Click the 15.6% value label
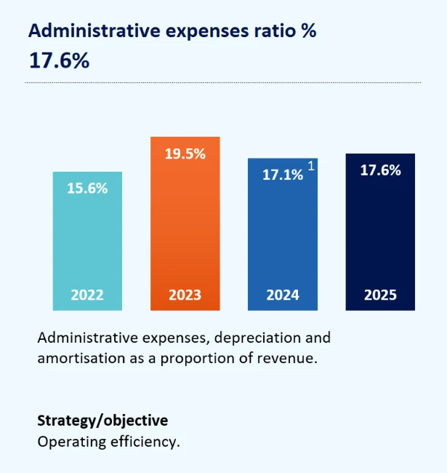pos(87,188)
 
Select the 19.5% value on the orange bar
pos(185,154)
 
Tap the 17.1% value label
pos(282,175)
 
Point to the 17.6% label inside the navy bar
pos(380,170)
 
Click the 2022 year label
pos(87,295)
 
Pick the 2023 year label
pos(185,295)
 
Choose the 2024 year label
pos(283,295)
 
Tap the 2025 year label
pos(380,295)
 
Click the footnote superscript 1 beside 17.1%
pos(311,167)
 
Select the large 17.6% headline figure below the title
pos(59,61)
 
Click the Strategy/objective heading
pos(102,421)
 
